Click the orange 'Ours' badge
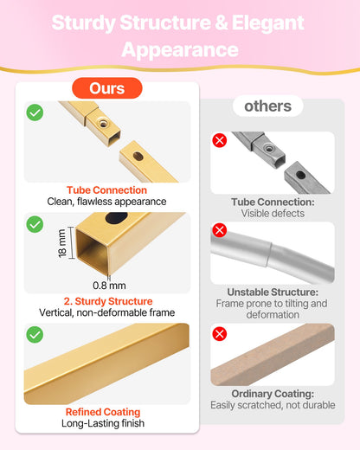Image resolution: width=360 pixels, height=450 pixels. point(107,88)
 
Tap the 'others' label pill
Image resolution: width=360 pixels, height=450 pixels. point(267,106)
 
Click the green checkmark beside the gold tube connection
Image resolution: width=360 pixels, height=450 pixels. point(35,112)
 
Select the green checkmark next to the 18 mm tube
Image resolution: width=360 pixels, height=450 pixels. point(35,224)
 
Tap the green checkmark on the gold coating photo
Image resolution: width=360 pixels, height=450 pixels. point(35,335)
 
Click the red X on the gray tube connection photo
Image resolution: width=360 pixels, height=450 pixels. point(220,140)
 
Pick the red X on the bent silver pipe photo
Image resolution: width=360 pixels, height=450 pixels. point(220,230)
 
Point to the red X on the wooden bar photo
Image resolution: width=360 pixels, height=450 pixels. point(220,334)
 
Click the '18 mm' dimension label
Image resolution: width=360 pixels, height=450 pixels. point(62,243)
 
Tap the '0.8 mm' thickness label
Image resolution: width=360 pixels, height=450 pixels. point(109,286)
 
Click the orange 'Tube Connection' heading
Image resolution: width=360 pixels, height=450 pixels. point(106,190)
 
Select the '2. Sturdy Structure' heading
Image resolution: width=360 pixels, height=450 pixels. point(108,301)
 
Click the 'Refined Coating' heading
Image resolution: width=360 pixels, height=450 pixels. point(103,412)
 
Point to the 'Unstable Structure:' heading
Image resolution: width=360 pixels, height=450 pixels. point(273,292)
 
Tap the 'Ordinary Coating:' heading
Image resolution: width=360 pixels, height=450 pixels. point(273,394)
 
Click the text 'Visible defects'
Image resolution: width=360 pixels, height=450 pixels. point(273,214)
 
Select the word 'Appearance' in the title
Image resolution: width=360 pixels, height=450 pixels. point(180,50)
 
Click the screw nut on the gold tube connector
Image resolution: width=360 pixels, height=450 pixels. point(102,123)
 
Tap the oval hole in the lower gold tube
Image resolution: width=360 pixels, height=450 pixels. point(138,156)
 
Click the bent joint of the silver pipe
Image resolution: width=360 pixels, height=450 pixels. point(271,254)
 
